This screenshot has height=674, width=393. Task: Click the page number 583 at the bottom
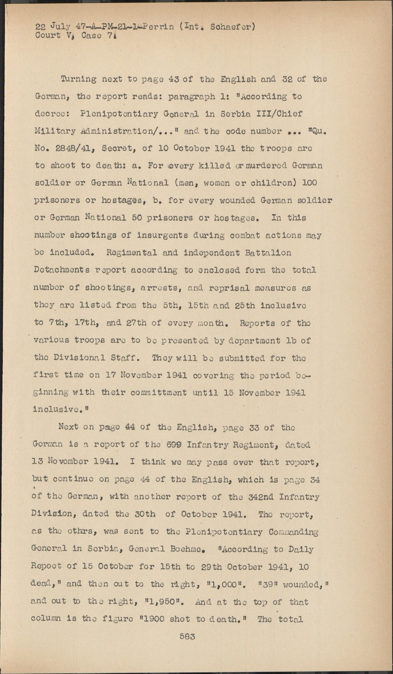pyautogui.click(x=187, y=637)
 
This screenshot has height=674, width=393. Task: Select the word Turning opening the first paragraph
pyautogui.click(x=78, y=79)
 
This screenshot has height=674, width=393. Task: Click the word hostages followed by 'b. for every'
pyautogui.click(x=123, y=201)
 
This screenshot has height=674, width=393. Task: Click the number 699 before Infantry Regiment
pyautogui.click(x=174, y=445)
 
